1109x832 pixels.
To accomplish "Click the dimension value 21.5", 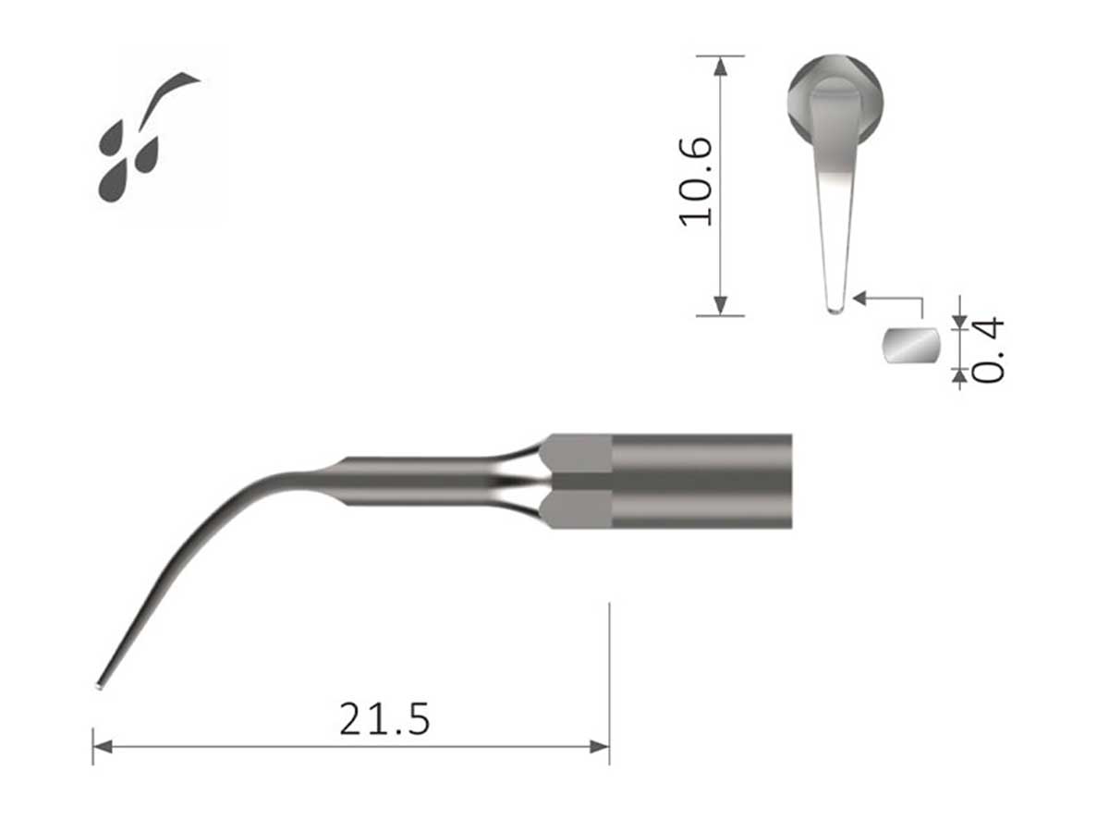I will pyautogui.click(x=384, y=718).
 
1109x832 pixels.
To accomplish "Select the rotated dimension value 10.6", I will pyautogui.click(x=696, y=181).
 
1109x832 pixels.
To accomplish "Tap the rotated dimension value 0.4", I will pyautogui.click(x=988, y=349).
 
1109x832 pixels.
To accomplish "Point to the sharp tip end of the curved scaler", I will pyautogui.click(x=99, y=685).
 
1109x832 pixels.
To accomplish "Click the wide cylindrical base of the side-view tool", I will pyautogui.click(x=702, y=481).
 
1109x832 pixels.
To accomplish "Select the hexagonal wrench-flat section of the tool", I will pyautogui.click(x=578, y=481).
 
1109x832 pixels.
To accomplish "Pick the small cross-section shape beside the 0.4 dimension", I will pyautogui.click(x=910, y=347).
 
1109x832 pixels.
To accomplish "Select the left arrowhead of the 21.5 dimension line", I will pyautogui.click(x=102, y=746).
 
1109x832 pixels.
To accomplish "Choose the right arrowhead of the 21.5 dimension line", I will pyautogui.click(x=601, y=746).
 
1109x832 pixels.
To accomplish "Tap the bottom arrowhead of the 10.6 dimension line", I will pyautogui.click(x=720, y=306).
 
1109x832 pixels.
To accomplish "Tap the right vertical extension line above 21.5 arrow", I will pyautogui.click(x=609, y=666).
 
